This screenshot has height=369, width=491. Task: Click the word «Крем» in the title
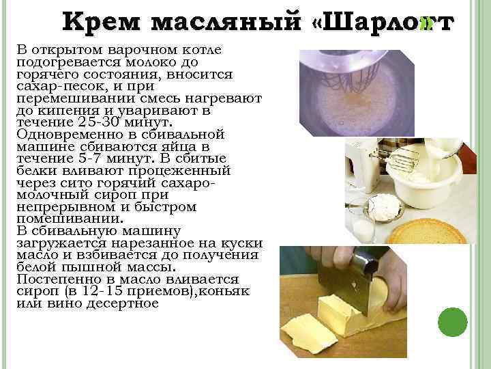101,22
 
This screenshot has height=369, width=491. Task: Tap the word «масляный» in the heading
226,22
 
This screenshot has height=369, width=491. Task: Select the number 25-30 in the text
95,122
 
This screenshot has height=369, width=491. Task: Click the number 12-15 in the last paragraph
102,291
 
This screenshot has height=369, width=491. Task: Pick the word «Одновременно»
69,135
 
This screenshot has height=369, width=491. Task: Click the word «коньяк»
224,292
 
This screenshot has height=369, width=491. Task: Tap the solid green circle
453,322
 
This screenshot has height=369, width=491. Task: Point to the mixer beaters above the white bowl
395,160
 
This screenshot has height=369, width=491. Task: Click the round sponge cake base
428,232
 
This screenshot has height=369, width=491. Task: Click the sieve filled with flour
384,208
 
